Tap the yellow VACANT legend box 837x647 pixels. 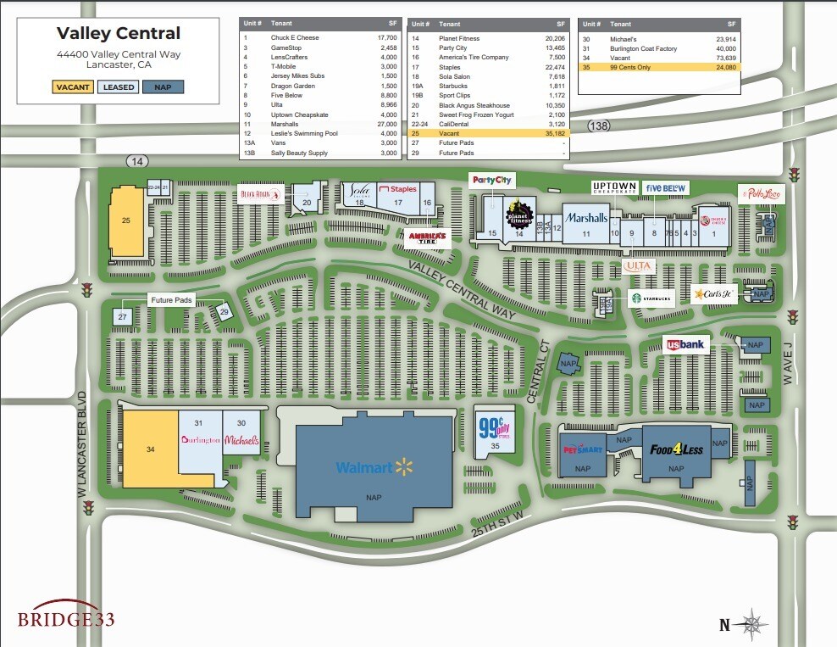click(73, 86)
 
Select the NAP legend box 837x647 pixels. click(163, 86)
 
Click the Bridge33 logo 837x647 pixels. click(66, 618)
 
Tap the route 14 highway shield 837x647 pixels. click(136, 159)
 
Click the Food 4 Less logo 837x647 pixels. click(677, 449)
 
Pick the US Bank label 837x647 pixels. click(685, 344)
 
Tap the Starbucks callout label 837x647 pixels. click(651, 298)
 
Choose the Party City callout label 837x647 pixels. click(493, 180)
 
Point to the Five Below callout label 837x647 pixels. click(665, 187)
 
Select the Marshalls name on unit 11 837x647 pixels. click(586, 218)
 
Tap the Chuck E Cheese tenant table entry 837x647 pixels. click(295, 38)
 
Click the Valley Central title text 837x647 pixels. click(119, 34)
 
